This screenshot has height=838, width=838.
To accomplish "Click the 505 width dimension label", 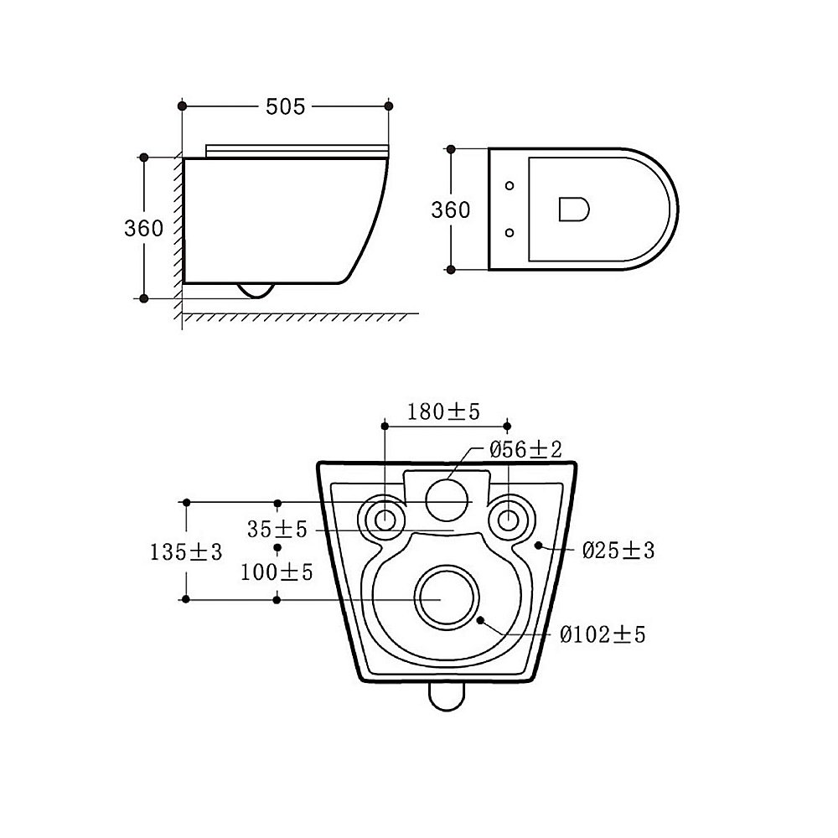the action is [x=286, y=107].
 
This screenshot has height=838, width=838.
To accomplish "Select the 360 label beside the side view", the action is [x=143, y=228].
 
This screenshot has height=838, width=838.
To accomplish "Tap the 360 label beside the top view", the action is [x=451, y=210].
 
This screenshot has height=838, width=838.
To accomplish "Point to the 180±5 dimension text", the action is [x=443, y=411].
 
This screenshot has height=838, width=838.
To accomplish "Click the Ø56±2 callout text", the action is [x=526, y=449].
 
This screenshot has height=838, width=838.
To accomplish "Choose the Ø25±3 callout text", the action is [x=618, y=550].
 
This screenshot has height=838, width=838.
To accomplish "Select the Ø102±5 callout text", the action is [x=603, y=634].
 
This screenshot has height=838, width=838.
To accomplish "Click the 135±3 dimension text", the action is [x=185, y=551].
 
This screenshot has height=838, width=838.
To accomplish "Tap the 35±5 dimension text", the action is [x=277, y=529].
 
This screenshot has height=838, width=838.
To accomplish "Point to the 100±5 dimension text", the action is [x=277, y=572].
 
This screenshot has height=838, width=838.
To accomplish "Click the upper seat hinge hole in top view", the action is [x=510, y=185].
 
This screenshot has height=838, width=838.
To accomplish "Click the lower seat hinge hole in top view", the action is [x=510, y=232].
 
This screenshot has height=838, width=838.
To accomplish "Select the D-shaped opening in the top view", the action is [x=574, y=209].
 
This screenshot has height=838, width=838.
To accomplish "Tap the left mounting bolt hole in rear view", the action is [x=385, y=519].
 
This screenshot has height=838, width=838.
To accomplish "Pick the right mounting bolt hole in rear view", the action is [x=509, y=519].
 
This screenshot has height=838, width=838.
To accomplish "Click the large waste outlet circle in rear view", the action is [x=447, y=596].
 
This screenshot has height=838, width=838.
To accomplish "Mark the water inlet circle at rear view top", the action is [x=447, y=500].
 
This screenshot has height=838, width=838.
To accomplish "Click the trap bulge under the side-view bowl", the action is [x=256, y=291].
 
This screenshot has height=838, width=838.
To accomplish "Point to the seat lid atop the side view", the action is [x=297, y=151].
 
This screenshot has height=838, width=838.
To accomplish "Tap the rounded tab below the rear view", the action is [x=447, y=697].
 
